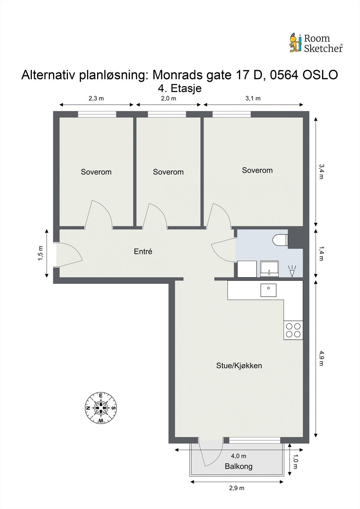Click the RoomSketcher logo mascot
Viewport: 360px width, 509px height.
(x=295, y=43)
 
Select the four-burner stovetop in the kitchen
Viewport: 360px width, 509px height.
(x=293, y=330)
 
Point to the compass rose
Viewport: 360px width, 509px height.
(x=101, y=408)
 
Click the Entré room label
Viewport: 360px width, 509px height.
(x=143, y=252)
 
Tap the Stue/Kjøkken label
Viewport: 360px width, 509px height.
(x=239, y=366)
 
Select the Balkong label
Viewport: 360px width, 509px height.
(x=238, y=466)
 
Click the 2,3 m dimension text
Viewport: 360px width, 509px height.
(x=96, y=98)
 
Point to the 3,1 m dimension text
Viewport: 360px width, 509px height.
(x=253, y=98)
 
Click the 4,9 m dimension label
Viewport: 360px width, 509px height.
(x=321, y=358)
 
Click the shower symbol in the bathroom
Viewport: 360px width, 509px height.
(x=292, y=270)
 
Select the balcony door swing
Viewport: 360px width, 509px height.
(x=210, y=453)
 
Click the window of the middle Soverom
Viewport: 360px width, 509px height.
(x=167, y=114)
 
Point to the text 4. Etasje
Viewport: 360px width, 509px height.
(x=180, y=88)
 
